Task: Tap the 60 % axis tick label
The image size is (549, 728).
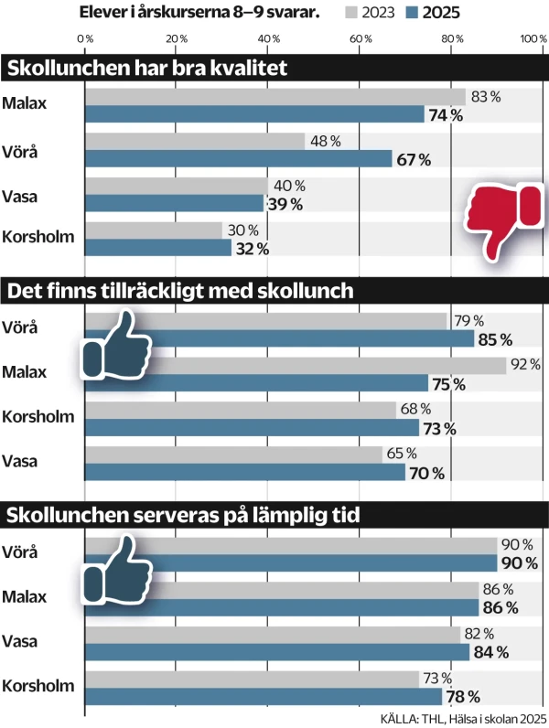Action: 361,38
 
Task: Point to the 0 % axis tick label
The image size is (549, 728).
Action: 85,38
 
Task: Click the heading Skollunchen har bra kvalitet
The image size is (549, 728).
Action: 147,70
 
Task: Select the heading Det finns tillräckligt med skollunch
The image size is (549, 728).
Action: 179,291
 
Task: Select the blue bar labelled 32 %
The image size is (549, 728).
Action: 158,248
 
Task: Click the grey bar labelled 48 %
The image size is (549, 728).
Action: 195,141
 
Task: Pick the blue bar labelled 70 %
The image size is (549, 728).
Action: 245,472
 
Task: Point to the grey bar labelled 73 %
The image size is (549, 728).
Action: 252,678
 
